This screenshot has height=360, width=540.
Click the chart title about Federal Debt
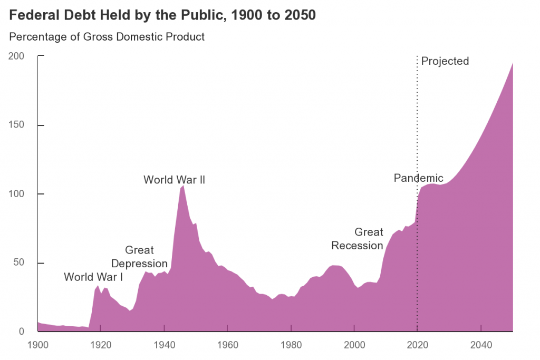(x=162, y=15)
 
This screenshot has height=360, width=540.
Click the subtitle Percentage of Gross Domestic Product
(x=107, y=37)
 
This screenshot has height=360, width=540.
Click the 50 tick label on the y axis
(x=19, y=263)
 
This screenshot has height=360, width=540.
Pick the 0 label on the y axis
(x=21, y=332)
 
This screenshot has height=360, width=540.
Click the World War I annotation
(x=93, y=277)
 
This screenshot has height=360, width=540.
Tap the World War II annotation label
(x=174, y=180)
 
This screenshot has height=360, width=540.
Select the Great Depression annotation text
(x=139, y=257)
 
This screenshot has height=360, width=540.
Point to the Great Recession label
(x=357, y=239)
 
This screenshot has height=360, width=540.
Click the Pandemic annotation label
(x=419, y=178)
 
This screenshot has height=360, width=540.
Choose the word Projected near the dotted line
(x=445, y=61)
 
